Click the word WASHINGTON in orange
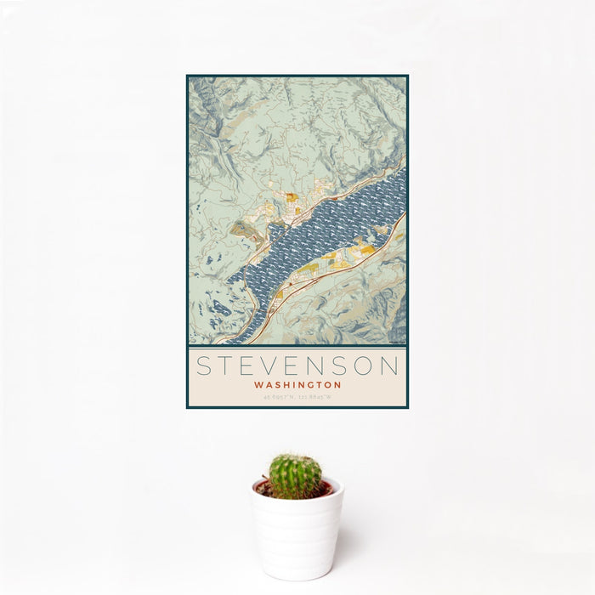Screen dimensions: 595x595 [297, 384]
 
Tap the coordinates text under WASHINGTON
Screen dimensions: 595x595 [297, 396]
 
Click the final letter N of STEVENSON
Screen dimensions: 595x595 [389, 366]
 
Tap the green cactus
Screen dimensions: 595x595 [295, 475]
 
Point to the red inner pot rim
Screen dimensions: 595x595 [326, 489]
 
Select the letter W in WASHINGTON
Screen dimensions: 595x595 [258, 384]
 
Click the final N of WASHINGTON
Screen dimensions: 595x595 [337, 384]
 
